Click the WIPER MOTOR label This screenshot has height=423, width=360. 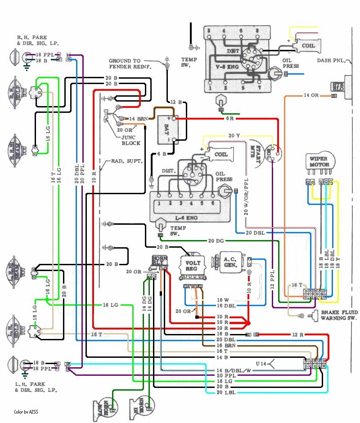(x=319, y=161)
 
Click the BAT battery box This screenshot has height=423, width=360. (x=167, y=129)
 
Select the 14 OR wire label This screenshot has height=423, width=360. (x=311, y=95)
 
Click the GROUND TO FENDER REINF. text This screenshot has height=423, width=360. (x=130, y=63)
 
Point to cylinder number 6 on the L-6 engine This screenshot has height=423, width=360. (x=213, y=203)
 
